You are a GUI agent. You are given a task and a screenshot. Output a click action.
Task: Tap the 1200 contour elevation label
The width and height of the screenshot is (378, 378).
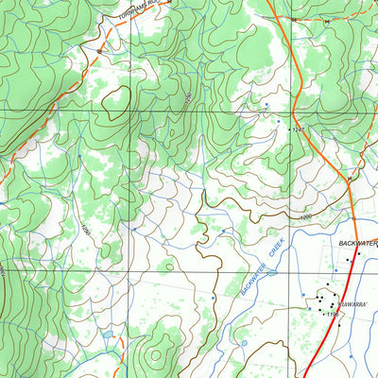(304, 218)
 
